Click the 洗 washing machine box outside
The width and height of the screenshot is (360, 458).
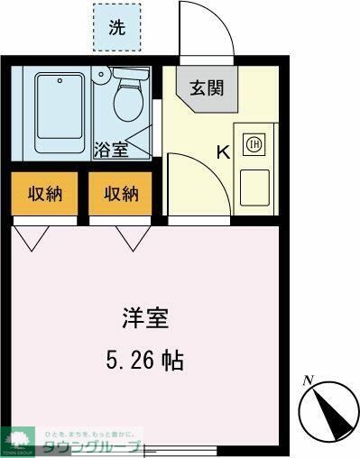[117, 26]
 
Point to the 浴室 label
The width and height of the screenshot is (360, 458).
[113, 150]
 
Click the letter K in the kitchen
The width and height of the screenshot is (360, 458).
[222, 151]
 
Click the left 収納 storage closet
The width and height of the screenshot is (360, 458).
[43, 193]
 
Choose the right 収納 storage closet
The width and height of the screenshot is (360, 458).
[120, 193]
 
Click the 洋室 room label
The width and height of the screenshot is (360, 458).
[145, 318]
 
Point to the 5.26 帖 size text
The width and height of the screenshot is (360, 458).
[144, 361]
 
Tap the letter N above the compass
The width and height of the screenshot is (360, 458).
[309, 380]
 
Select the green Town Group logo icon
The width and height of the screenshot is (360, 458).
[18, 436]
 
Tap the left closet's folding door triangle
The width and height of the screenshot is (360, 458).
[32, 237]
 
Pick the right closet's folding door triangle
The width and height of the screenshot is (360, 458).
[132, 237]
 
